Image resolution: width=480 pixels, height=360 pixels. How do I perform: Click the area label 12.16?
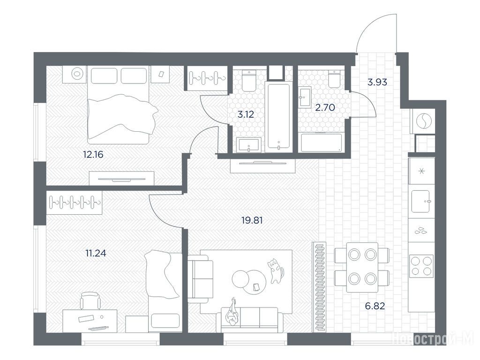tap(93, 155)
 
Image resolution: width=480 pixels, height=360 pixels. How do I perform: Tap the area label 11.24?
tap(96, 253)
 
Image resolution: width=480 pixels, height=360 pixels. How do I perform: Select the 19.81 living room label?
tap(252, 220)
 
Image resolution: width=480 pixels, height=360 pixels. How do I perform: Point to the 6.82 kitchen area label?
tap(375, 306)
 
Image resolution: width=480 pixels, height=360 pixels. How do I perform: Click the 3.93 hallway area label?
tap(377, 82)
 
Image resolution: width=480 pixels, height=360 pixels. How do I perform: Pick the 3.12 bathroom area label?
tap(246, 114)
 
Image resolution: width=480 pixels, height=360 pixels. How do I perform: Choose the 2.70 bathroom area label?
tap(325, 107)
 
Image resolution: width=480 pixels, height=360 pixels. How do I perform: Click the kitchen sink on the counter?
tap(422, 201)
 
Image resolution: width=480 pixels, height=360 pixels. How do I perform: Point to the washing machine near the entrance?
tap(423, 121)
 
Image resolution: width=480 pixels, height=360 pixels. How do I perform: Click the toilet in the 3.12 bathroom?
tap(249, 81)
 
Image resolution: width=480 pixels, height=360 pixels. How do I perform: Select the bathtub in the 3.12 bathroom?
tap(278, 117)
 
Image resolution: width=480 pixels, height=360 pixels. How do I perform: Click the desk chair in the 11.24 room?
tap(90, 300)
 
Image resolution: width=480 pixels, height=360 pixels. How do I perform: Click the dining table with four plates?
tap(362, 267)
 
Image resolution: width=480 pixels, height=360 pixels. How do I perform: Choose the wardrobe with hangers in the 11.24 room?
tap(75, 202)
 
